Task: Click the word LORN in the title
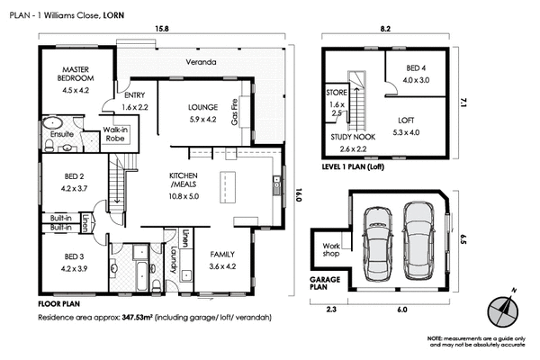tap(114, 15)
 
